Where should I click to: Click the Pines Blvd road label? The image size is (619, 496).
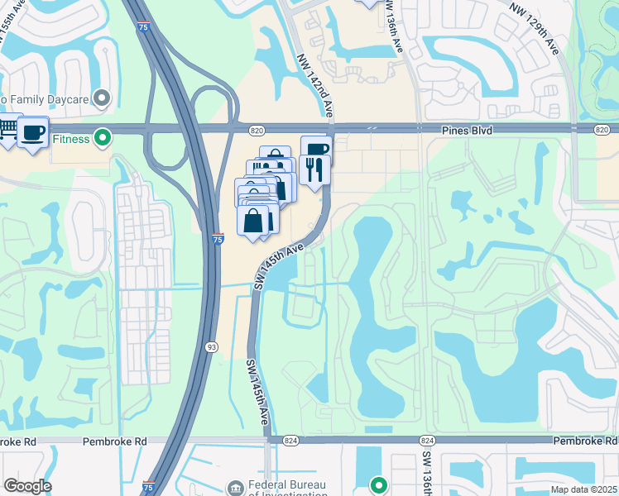click(446, 130)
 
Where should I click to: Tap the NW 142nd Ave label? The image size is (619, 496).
click(314, 85)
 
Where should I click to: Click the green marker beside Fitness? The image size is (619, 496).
click(103, 138)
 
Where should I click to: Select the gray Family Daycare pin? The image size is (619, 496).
click(103, 99)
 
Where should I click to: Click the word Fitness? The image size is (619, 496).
click(72, 139)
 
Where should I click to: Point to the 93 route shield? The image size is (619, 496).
click(211, 347)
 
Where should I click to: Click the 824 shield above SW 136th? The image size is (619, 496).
click(427, 441)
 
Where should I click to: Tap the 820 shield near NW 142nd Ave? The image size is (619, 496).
click(256, 130)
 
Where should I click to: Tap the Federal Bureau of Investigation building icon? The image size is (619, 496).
click(235, 489)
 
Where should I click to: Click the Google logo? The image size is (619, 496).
click(27, 486)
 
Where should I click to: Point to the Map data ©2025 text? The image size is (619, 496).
click(583, 489)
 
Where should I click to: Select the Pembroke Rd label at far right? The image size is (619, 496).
click(585, 441)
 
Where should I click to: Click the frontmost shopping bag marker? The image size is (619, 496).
click(252, 221)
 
